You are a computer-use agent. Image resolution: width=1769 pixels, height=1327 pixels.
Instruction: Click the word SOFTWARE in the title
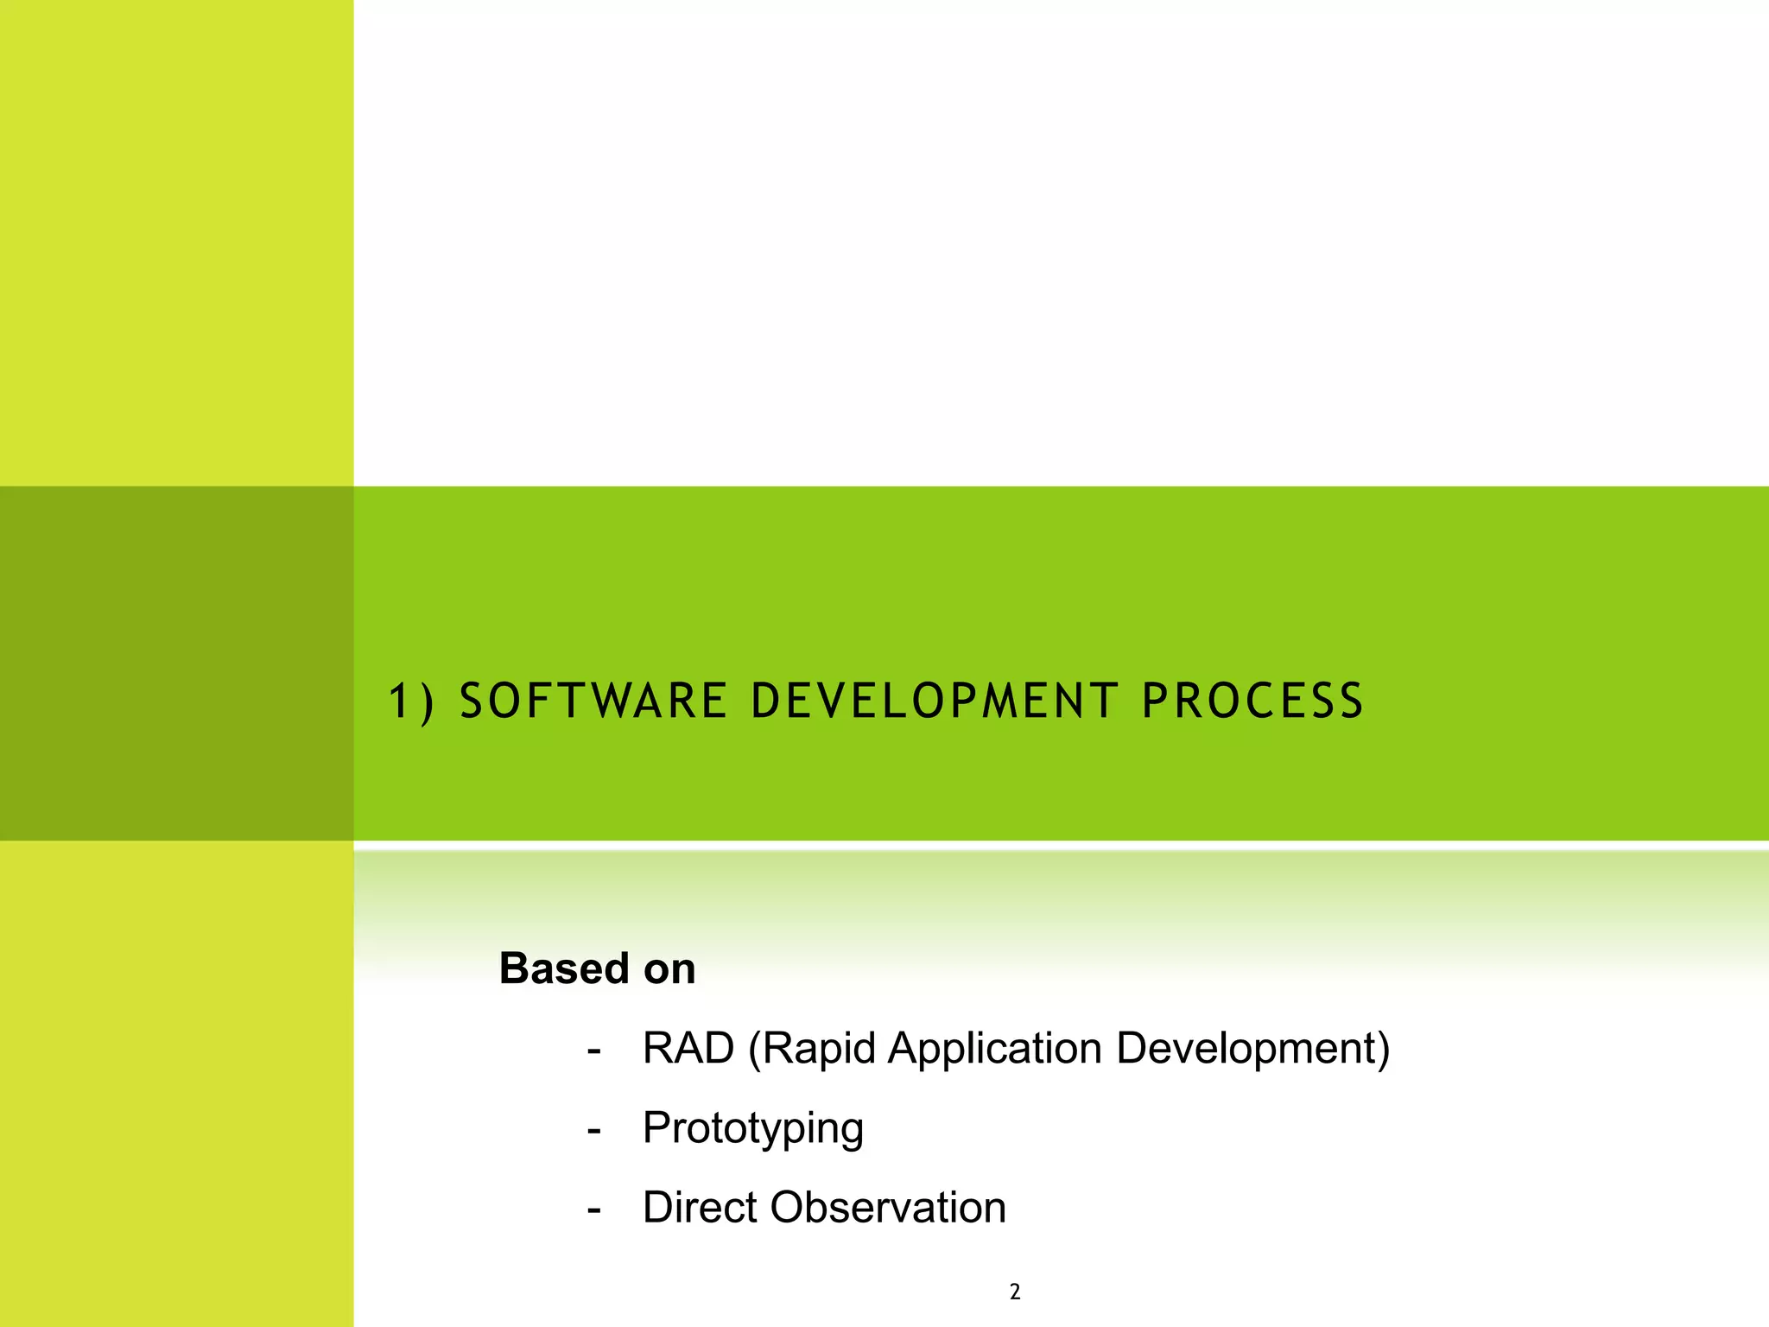pos(593,701)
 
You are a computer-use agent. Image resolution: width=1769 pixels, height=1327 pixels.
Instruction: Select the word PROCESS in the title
pos(1252,701)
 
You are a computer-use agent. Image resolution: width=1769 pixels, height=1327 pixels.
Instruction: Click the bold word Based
pos(564,968)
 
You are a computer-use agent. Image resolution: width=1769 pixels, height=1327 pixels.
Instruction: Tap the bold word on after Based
pos(669,969)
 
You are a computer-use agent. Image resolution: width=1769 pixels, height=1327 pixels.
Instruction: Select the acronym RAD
pos(688,1048)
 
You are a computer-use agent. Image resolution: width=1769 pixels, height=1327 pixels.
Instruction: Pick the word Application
pos(995,1049)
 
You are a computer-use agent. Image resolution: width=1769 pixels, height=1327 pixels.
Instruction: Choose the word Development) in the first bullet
pos(1253,1049)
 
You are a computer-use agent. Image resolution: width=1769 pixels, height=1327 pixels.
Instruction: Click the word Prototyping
pos(753,1128)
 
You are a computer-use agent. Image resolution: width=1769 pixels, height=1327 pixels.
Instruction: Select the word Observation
pos(888,1207)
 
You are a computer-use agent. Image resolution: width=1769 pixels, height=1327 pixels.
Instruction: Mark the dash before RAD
pos(593,1051)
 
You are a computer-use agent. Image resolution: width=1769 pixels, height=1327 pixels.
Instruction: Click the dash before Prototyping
pos(593,1131)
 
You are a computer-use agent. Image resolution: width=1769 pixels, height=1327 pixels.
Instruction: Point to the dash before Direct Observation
pos(593,1210)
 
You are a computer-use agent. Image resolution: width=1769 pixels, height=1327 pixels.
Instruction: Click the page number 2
pos(1015,1292)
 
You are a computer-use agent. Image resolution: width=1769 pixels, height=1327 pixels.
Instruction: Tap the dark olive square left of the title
pos(176,663)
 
